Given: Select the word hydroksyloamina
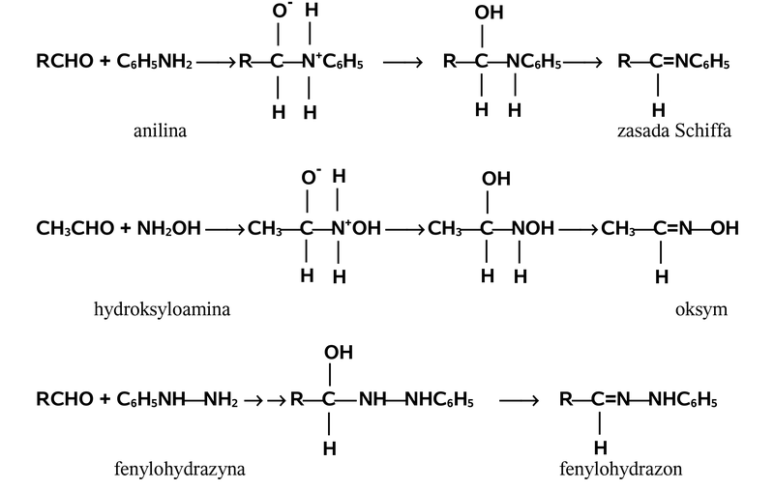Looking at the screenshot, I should pyautogui.click(x=162, y=310).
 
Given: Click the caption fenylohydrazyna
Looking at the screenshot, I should pyautogui.click(x=179, y=470).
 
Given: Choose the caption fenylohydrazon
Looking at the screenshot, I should pyautogui.click(x=620, y=470).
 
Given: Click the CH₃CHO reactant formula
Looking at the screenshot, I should pyautogui.click(x=74, y=230).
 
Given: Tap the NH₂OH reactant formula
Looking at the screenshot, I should pyautogui.click(x=169, y=230).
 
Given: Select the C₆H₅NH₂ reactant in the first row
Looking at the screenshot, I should pyautogui.click(x=156, y=64).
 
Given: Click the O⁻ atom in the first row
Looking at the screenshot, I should pyautogui.click(x=282, y=13).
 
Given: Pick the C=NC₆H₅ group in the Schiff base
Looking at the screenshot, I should pyautogui.click(x=690, y=64).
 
